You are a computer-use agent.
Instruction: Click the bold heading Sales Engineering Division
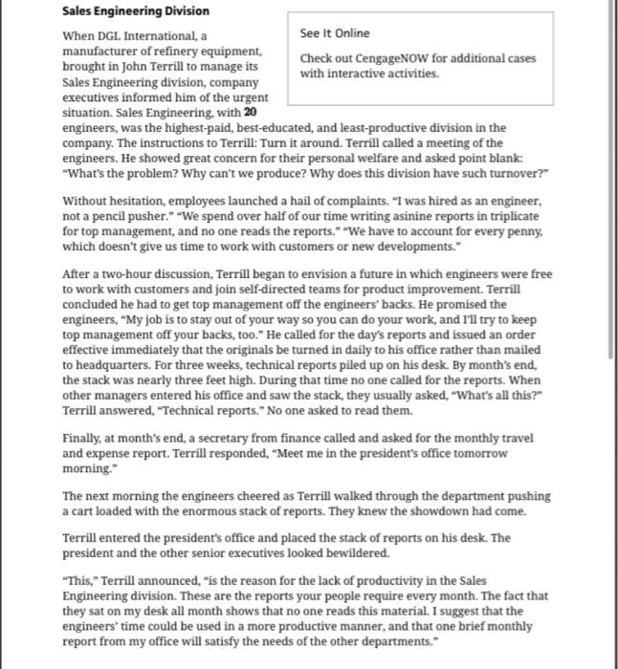(x=136, y=11)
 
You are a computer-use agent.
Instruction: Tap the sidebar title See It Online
(x=334, y=33)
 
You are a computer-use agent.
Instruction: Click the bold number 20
(x=250, y=112)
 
